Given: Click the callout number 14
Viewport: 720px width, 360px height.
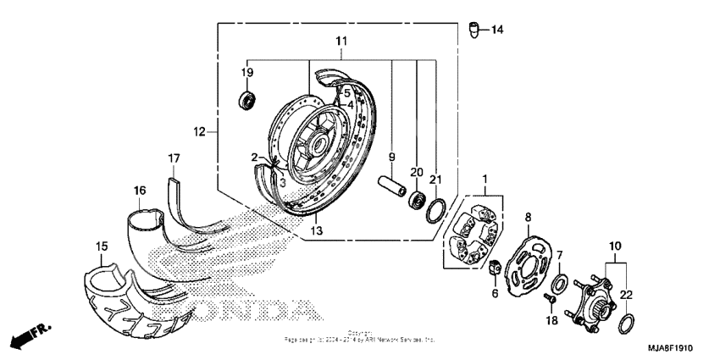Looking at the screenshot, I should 496,30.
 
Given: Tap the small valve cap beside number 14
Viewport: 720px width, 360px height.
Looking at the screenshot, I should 476,30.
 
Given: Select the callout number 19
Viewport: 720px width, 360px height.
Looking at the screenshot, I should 246,73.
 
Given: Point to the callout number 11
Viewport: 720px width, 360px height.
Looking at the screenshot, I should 341,41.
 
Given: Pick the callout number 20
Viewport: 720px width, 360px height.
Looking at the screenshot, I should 417,172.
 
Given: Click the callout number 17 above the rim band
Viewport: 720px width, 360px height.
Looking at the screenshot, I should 174,158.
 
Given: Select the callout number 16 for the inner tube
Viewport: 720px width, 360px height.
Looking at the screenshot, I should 139,190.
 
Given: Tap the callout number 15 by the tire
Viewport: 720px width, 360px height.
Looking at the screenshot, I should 101,246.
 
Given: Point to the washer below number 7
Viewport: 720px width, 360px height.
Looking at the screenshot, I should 560,281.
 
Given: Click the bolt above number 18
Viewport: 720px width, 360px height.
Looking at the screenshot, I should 550,299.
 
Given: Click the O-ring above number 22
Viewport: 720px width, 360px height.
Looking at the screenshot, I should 626,324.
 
